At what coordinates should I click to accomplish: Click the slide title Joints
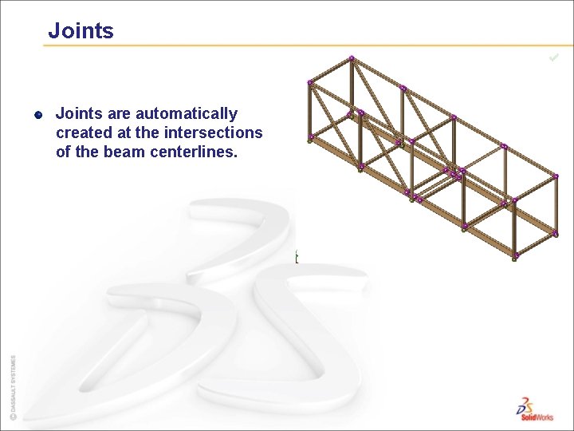81,31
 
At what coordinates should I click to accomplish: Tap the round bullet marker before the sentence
37,115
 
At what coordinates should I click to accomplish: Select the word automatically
187,114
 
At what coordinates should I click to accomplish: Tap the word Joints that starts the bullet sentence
78,114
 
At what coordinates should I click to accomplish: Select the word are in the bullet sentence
118,114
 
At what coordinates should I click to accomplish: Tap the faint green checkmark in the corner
554,57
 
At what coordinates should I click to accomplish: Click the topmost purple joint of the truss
352,57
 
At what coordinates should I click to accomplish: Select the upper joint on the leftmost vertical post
310,82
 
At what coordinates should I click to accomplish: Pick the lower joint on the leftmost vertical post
310,137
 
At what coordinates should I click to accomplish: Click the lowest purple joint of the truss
515,255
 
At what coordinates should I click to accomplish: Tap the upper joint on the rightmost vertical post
556,176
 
